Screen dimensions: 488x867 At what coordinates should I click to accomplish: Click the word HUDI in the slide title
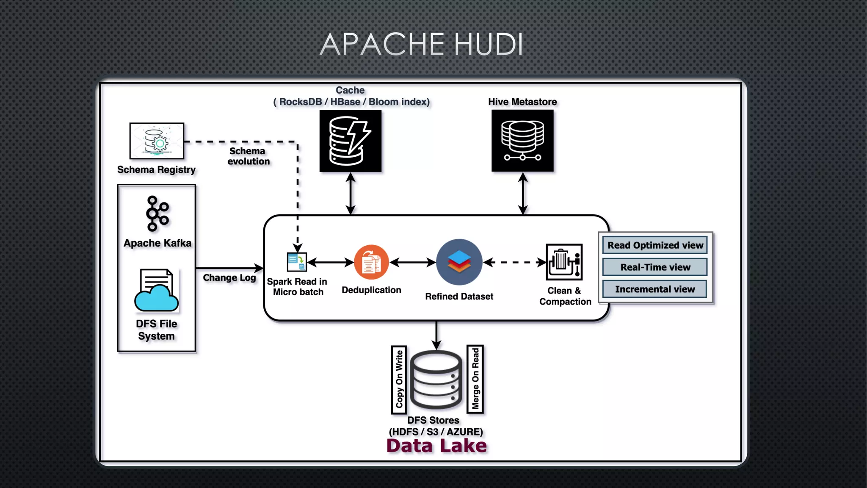(x=489, y=44)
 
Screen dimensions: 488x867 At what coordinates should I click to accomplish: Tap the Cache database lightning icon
(x=350, y=141)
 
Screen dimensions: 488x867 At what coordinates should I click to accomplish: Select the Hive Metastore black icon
(x=522, y=141)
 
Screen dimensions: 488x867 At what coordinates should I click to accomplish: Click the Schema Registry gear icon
(x=157, y=141)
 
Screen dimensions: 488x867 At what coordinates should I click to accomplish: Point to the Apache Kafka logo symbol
(x=157, y=213)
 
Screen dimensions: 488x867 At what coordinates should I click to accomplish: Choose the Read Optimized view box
(x=655, y=245)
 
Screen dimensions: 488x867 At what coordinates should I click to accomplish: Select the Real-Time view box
(x=655, y=267)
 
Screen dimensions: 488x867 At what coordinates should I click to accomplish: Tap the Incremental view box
(x=655, y=289)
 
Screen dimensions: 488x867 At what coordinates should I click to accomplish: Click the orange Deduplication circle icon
(x=371, y=262)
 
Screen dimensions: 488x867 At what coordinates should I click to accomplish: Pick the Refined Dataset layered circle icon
(x=459, y=262)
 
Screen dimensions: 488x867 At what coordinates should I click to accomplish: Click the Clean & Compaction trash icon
(x=564, y=262)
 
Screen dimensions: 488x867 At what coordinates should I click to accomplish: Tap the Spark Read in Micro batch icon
(x=296, y=262)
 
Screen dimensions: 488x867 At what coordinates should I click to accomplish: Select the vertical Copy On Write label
(x=399, y=380)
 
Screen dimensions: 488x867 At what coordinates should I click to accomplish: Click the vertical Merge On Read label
(x=475, y=379)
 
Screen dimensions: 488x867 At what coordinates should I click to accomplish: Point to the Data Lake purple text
(x=436, y=446)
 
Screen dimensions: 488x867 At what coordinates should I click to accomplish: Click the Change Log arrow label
(x=229, y=278)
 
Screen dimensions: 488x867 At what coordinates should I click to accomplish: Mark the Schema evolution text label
(x=248, y=156)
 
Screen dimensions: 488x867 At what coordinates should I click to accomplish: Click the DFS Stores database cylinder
(x=436, y=380)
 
